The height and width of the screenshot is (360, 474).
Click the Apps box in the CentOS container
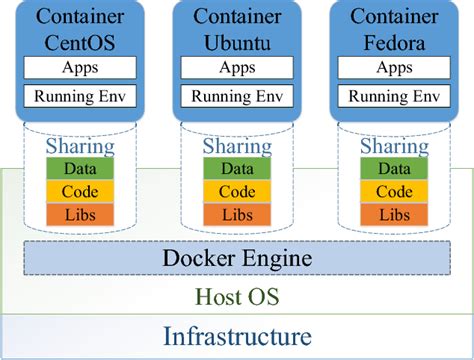[79, 68]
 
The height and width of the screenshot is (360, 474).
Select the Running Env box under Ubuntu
[236, 97]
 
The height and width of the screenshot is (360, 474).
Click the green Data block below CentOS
[80, 169]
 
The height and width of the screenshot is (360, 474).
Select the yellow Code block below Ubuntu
[237, 191]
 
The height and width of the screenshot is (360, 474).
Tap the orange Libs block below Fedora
[393, 213]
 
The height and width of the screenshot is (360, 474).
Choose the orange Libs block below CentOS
[80, 213]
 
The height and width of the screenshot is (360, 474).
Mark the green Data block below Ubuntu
[237, 169]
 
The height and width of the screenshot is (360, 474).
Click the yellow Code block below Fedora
[393, 191]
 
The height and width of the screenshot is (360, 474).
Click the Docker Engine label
[237, 259]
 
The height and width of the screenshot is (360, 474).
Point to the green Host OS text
[237, 297]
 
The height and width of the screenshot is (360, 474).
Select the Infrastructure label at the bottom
[237, 336]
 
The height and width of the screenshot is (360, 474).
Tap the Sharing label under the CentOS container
[80, 147]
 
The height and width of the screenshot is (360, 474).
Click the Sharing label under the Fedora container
[393, 147]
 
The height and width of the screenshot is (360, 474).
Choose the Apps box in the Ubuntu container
[236, 68]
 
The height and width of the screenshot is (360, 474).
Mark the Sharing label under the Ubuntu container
[237, 147]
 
